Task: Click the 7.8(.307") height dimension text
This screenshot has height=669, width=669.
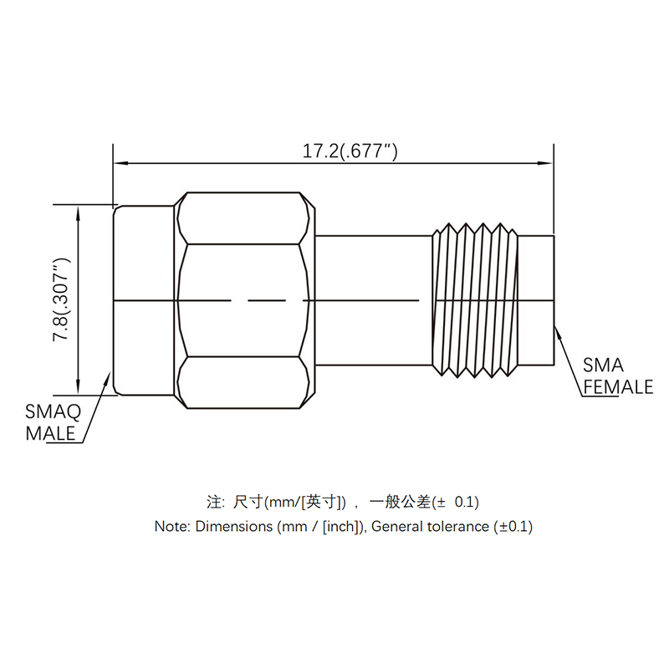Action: coord(63,300)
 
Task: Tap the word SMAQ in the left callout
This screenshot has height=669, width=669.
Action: coord(53,411)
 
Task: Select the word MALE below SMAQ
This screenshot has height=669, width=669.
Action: coord(51,433)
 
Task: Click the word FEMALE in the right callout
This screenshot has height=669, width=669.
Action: coord(618,387)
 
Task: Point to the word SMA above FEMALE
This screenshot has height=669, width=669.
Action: coord(603,365)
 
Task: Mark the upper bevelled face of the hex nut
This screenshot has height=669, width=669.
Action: coord(243,218)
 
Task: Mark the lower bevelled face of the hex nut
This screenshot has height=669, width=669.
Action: coord(243,383)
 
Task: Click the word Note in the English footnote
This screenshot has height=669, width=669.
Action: coord(172,527)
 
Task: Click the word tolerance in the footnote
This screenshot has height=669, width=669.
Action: coord(458,527)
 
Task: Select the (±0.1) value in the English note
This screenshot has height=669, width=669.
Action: coord(513,527)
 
